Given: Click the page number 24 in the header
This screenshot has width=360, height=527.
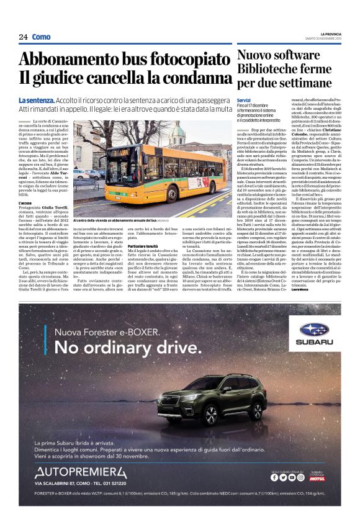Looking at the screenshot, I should [23, 37].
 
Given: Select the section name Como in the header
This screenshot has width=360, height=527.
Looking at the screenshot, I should [41, 37].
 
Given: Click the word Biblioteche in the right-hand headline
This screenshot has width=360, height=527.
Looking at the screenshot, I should [271, 68].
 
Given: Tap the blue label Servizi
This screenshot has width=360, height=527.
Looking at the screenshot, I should [243, 100].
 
